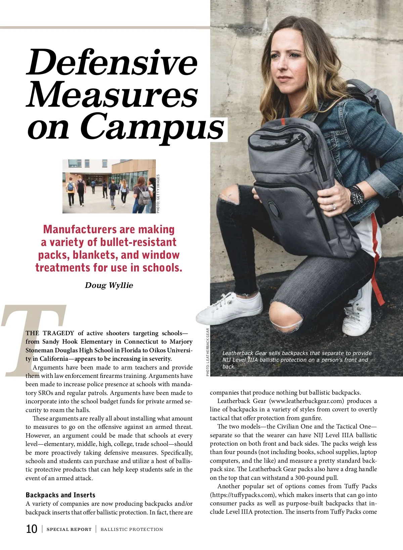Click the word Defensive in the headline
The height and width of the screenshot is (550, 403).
click(x=112, y=63)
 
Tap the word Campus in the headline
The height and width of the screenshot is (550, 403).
click(x=152, y=128)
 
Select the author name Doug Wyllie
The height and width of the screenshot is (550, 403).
click(x=109, y=285)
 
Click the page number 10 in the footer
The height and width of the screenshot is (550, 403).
click(x=32, y=529)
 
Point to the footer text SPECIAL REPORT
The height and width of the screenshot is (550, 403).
click(x=69, y=530)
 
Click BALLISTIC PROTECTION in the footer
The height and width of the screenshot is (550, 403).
click(x=132, y=530)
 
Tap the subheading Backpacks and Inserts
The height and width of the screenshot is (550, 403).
click(x=60, y=495)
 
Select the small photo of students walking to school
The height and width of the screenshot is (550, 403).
click(x=109, y=186)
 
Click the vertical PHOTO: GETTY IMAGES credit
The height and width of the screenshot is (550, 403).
click(x=158, y=194)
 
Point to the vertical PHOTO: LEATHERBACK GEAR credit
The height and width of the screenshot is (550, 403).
click(x=208, y=352)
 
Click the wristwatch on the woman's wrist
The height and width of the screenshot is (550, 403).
click(x=357, y=195)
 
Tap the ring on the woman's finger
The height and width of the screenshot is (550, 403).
click(x=333, y=207)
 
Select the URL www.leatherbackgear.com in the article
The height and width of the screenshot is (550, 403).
click(x=306, y=401)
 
